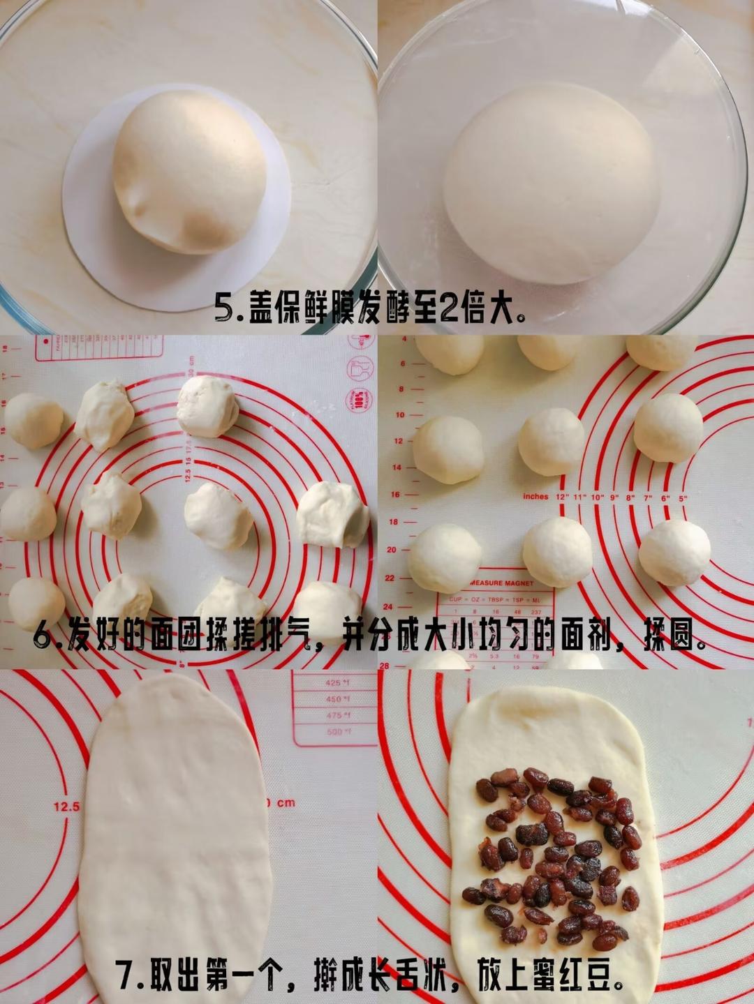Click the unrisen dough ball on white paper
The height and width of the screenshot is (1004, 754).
190,171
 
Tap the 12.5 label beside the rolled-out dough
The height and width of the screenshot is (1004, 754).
66,807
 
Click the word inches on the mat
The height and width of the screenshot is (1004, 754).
535,497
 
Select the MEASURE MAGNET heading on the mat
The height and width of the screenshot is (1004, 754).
501,583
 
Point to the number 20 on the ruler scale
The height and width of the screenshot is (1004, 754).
392,550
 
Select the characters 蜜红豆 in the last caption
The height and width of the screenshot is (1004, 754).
583,975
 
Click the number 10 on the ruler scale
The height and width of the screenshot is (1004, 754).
400,415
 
